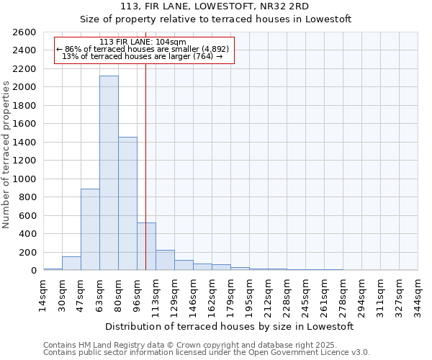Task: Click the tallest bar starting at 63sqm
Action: coord(109,173)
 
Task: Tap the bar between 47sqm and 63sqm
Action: coord(90,230)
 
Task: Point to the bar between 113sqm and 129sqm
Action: coord(165,260)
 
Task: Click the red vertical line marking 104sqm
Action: coord(146,144)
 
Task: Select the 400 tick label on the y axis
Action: coord(29,234)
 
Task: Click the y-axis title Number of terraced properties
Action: coord(7,154)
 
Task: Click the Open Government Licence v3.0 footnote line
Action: coord(207,352)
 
